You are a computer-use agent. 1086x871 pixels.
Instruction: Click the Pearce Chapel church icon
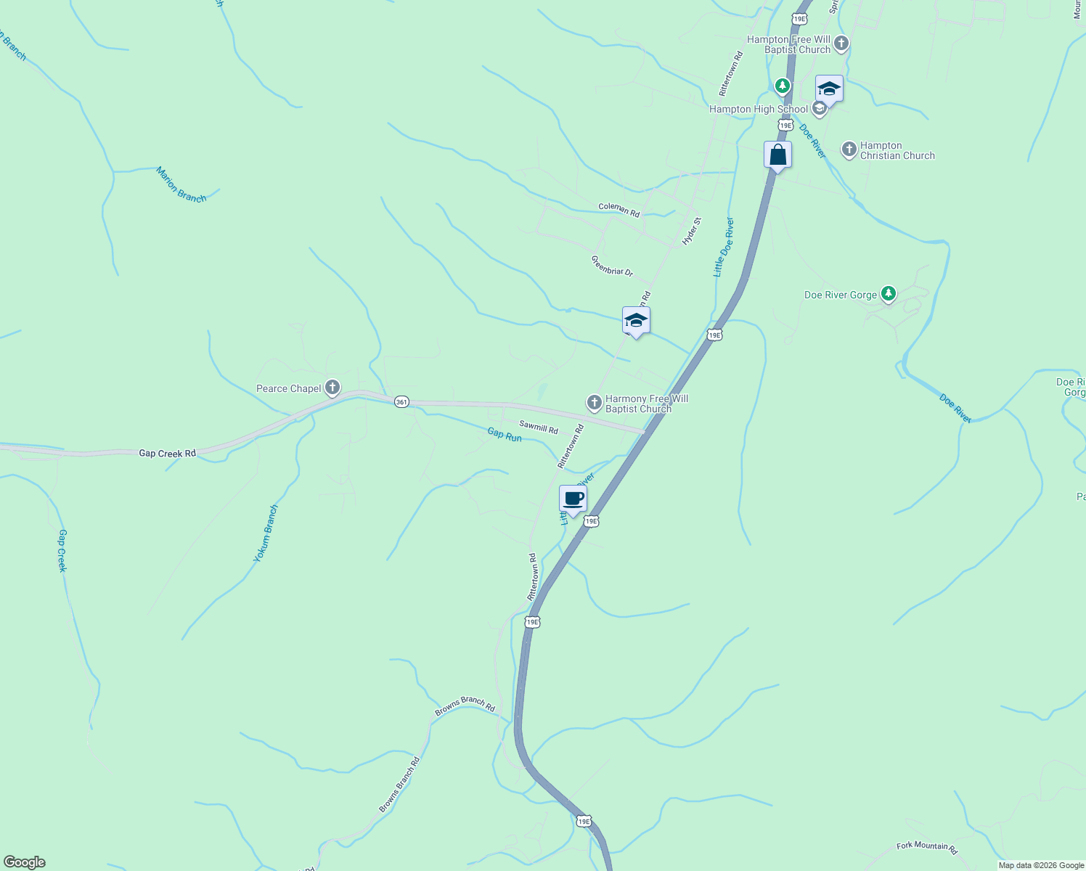click(x=332, y=388)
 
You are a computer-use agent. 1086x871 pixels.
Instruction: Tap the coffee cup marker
click(x=573, y=499)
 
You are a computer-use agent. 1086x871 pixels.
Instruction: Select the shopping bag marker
click(x=777, y=155)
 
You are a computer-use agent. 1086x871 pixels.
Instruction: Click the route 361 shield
click(x=401, y=402)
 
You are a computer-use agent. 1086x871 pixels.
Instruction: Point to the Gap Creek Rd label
click(x=167, y=454)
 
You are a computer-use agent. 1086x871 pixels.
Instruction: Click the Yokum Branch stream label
click(x=266, y=533)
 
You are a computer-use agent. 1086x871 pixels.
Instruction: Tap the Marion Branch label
click(x=181, y=184)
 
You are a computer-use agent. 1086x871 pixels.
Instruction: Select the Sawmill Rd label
click(x=539, y=427)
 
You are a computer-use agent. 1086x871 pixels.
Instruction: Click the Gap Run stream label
click(x=505, y=435)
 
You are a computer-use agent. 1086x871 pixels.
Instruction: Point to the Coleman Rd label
click(x=618, y=210)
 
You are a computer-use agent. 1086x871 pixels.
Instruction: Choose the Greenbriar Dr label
click(x=612, y=266)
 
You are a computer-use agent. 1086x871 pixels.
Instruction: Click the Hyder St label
click(x=692, y=231)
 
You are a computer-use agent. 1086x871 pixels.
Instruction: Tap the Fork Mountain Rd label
click(x=927, y=847)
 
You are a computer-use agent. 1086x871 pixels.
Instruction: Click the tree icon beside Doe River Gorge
click(x=888, y=294)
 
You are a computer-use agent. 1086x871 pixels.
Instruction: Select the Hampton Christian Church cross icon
click(x=849, y=150)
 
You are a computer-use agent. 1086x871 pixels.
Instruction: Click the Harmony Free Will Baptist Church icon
click(x=594, y=402)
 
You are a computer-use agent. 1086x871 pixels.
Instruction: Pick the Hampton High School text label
click(x=758, y=110)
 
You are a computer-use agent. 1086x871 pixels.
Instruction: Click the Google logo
click(x=25, y=862)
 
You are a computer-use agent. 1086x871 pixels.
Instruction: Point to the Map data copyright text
click(x=1041, y=865)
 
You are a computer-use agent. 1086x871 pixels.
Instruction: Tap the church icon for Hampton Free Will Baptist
click(x=841, y=44)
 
